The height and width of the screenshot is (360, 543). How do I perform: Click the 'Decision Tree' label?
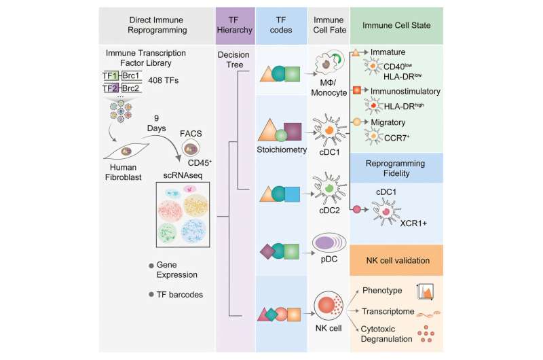click(x=234, y=66)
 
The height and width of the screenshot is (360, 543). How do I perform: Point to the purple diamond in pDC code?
click(x=267, y=252)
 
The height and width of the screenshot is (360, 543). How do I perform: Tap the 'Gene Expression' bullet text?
click(x=179, y=269)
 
